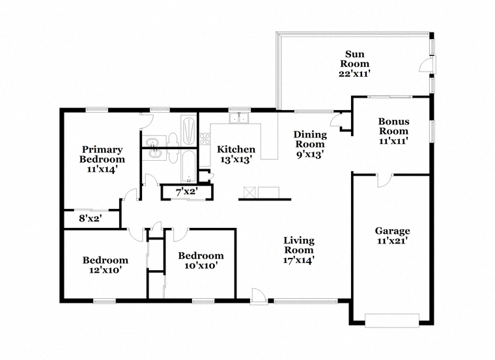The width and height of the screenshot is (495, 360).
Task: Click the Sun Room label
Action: pyautogui.click(x=354, y=59)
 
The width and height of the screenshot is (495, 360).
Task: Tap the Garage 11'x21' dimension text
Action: pyautogui.click(x=392, y=242)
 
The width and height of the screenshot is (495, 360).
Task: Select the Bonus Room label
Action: pyautogui.click(x=393, y=126)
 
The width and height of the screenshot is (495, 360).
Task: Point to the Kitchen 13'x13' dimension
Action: pyautogui.click(x=236, y=159)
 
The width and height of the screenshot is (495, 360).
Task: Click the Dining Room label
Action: pyautogui.click(x=310, y=139)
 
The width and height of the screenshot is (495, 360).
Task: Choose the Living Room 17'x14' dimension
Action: pyautogui.click(x=299, y=260)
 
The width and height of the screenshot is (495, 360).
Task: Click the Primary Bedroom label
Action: pyautogui.click(x=102, y=154)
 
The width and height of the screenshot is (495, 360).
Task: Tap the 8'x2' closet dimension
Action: pyautogui.click(x=90, y=218)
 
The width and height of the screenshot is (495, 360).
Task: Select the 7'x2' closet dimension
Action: pyautogui.click(x=186, y=191)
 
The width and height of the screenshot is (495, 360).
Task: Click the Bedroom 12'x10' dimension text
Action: pyautogui.click(x=106, y=270)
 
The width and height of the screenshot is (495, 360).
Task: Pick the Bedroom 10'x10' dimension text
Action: pyautogui.click(x=201, y=266)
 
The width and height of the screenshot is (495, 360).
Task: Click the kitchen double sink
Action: pyautogui.click(x=239, y=118)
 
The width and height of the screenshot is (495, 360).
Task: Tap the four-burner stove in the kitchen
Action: pyautogui.click(x=205, y=139)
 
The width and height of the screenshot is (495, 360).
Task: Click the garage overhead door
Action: pyautogui.click(x=392, y=320)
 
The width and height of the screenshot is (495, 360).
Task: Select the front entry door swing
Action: pyautogui.click(x=258, y=296)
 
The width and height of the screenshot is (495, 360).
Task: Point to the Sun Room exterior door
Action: pyautogui.click(x=427, y=65)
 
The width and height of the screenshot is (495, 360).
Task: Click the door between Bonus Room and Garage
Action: pyautogui.click(x=385, y=180)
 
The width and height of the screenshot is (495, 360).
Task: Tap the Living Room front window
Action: pyautogui.click(x=305, y=301)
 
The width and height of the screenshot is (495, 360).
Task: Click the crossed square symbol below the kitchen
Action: pyautogui.click(x=249, y=193)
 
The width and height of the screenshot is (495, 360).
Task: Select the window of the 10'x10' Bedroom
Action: pyautogui.click(x=203, y=301)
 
